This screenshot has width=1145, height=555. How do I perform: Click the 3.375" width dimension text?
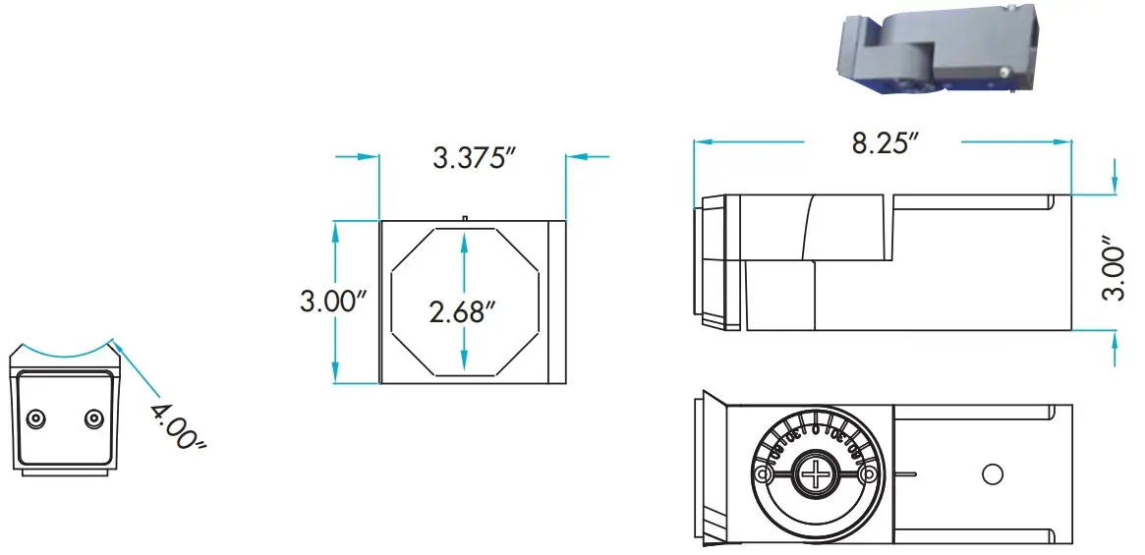tap(475, 158)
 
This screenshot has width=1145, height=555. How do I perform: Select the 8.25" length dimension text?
tap(885, 142)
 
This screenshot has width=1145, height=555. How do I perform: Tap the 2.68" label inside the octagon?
tap(461, 312)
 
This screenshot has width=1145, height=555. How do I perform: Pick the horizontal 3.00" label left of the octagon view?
tap(334, 301)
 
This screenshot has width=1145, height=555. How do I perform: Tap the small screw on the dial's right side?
tap(867, 475)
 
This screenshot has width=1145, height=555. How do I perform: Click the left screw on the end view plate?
tap(35, 418)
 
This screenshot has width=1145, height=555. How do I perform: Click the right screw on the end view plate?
tap(93, 418)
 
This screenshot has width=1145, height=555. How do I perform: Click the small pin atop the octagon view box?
tap(462, 217)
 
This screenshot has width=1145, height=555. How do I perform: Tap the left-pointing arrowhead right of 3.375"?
tap(573, 155)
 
